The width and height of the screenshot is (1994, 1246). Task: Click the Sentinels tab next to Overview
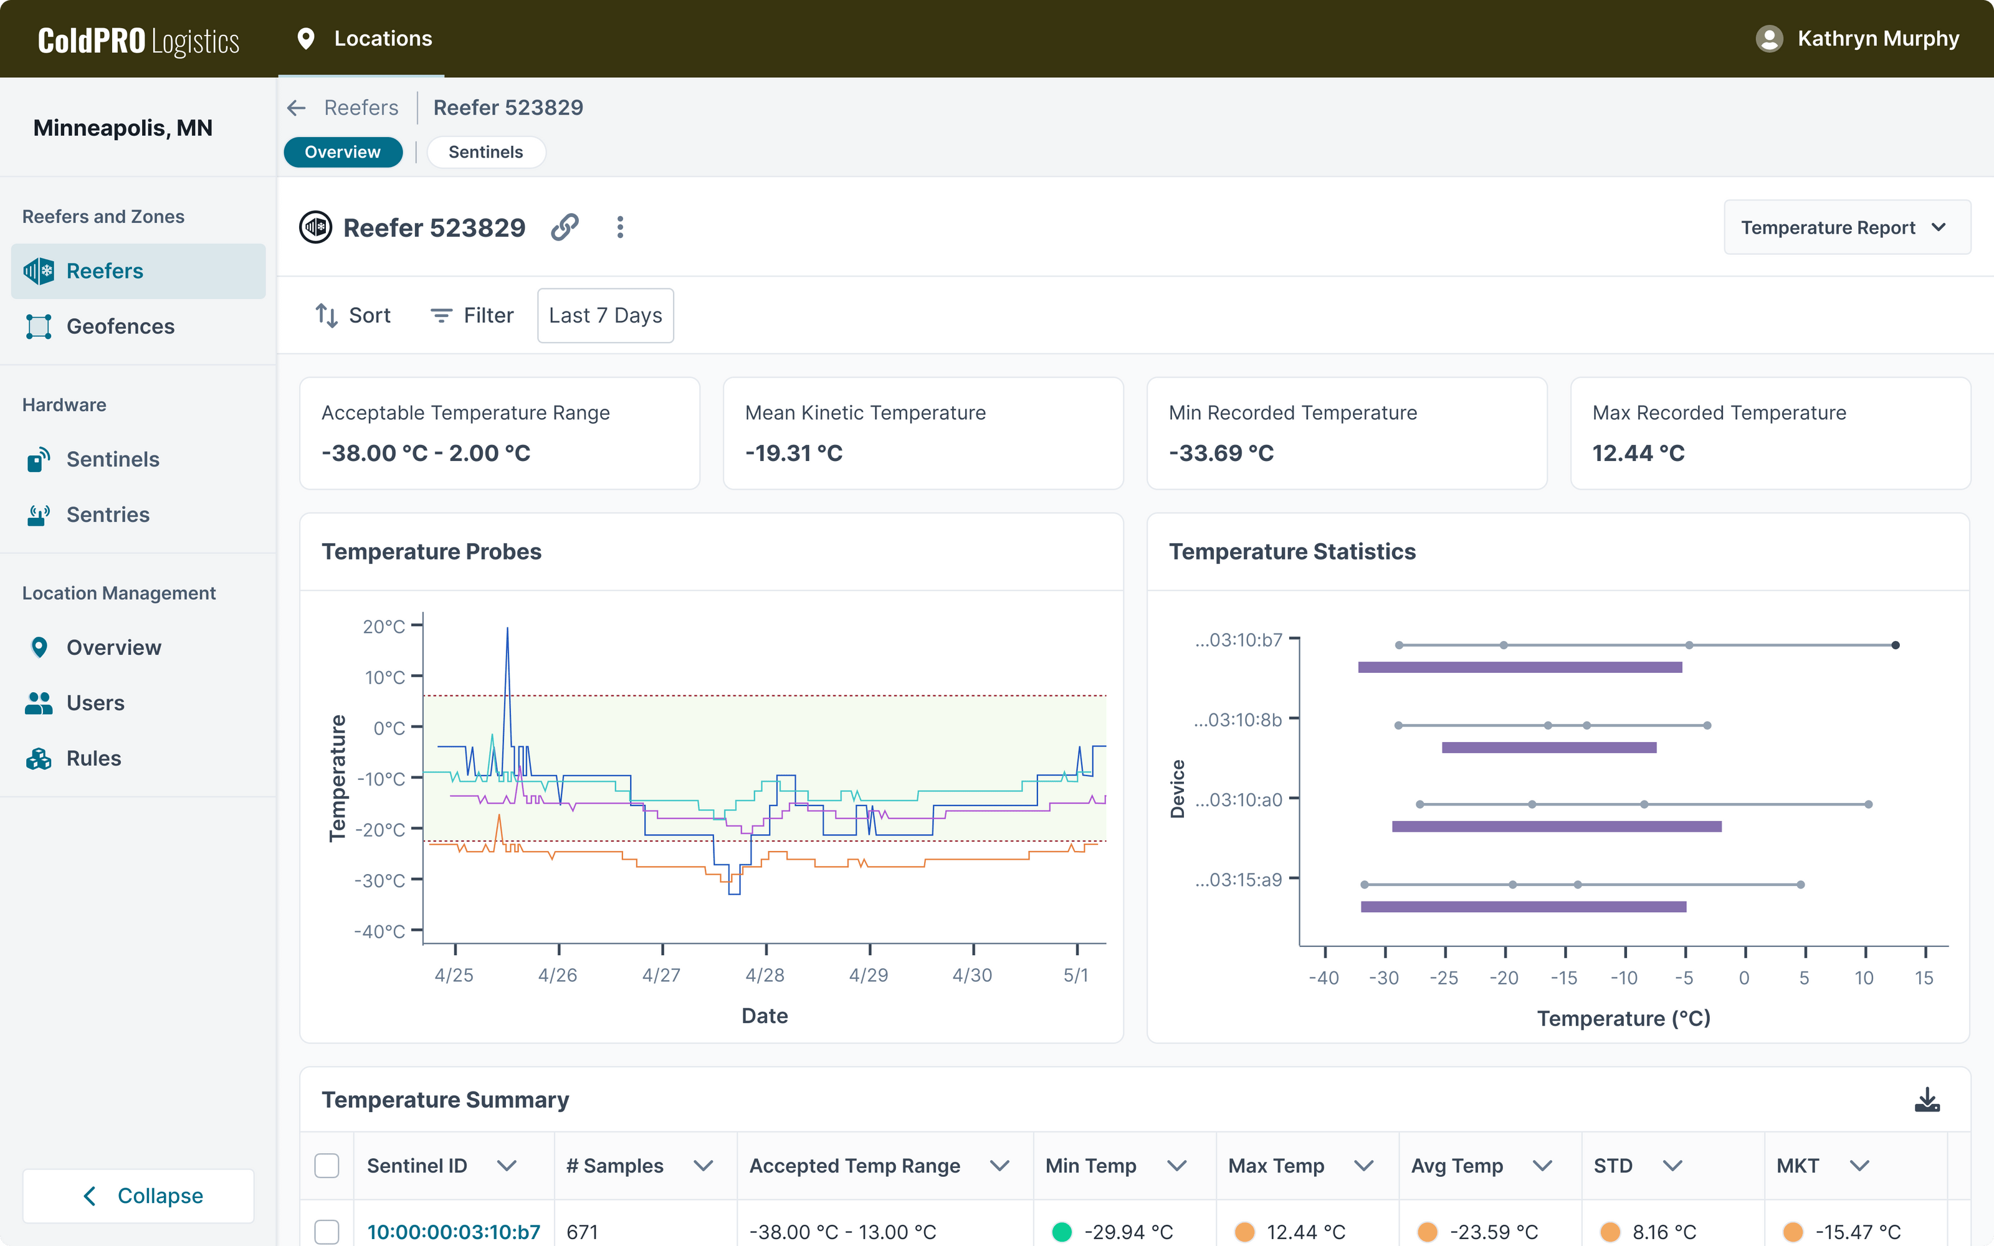point(485,153)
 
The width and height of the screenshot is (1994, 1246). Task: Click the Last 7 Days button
point(605,316)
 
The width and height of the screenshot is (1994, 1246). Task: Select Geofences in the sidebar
point(120,326)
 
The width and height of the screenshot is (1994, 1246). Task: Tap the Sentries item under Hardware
point(108,515)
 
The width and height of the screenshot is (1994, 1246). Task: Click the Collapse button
point(138,1196)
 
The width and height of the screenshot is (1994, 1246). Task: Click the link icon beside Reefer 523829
point(565,227)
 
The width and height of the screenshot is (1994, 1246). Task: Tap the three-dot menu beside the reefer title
point(619,227)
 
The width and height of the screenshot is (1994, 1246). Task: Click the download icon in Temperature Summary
point(1927,1100)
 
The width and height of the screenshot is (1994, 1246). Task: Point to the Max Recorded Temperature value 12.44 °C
point(1638,454)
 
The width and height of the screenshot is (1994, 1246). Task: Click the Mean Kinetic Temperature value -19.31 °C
point(793,454)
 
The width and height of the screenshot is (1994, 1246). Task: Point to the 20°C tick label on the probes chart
point(383,626)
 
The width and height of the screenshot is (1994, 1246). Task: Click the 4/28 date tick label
point(765,976)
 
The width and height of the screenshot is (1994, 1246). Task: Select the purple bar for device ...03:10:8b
point(1548,748)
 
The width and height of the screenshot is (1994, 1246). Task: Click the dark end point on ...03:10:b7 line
point(1895,645)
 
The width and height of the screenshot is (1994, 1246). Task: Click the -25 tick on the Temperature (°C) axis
point(1444,978)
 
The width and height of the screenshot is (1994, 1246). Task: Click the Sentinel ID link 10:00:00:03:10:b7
point(453,1232)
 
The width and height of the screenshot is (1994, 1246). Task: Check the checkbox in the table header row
point(327,1166)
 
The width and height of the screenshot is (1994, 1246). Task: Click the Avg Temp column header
point(1457,1166)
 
